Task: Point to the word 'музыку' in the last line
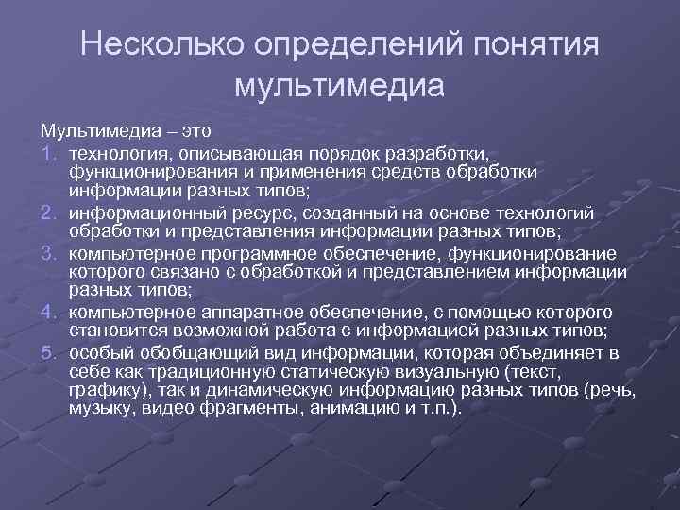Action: click(99, 407)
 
